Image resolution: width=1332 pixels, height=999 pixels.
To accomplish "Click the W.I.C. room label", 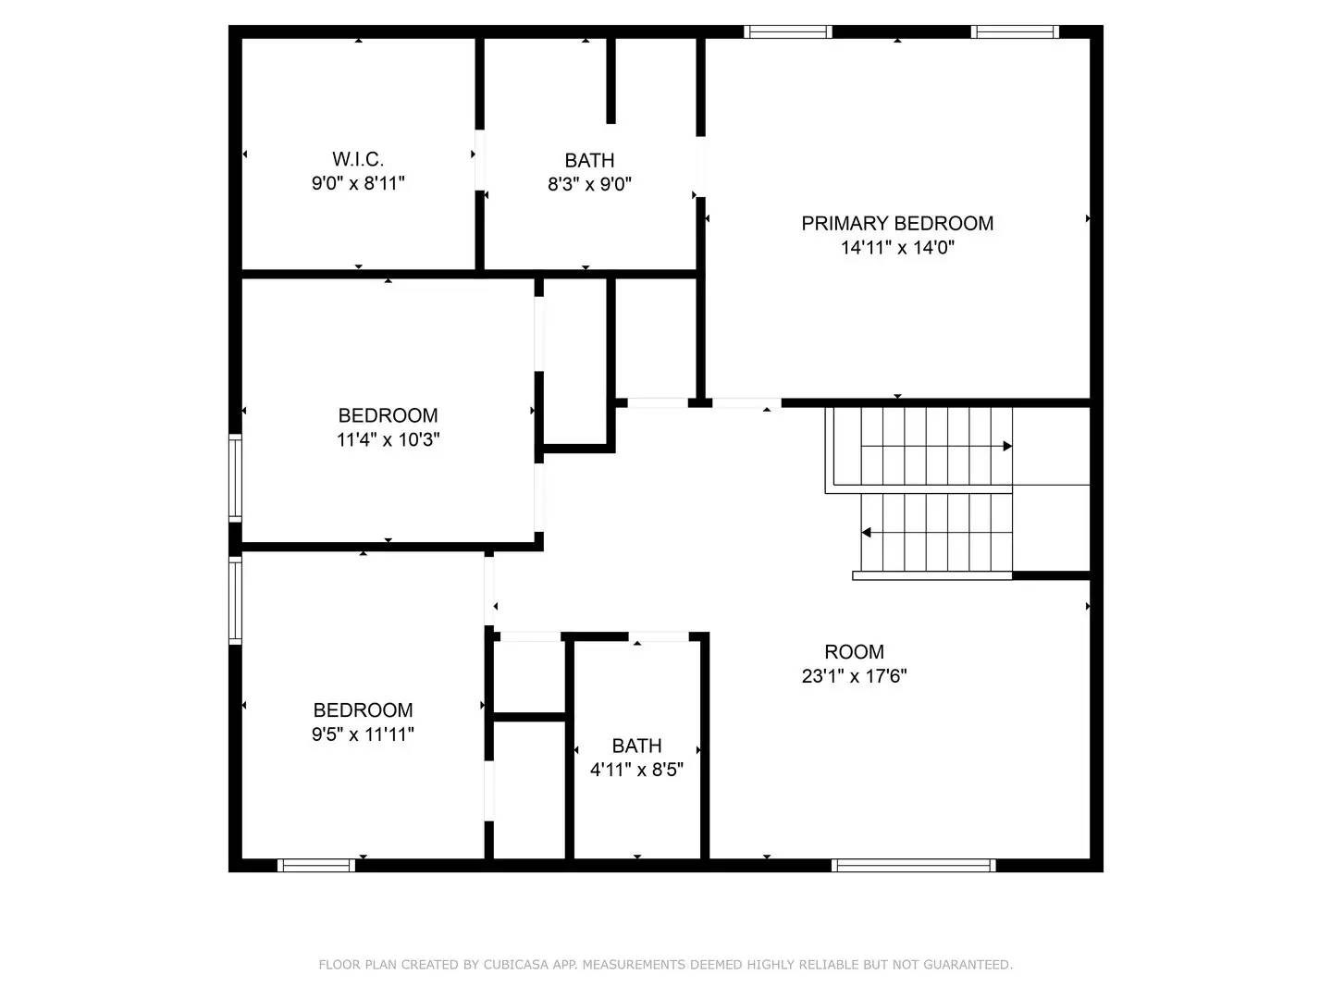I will pos(358,159).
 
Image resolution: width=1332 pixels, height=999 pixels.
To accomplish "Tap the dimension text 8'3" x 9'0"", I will pos(589,184).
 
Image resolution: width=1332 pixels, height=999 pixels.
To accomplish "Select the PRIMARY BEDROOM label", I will pos(896,223).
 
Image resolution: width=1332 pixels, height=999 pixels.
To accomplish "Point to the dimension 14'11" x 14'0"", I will pos(896,247).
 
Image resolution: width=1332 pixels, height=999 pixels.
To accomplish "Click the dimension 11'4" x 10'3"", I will pos(388,439).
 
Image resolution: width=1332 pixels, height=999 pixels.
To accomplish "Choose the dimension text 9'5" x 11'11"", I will pos(363,734).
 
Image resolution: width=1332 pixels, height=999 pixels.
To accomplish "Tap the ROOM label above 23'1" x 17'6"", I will pos(854,651).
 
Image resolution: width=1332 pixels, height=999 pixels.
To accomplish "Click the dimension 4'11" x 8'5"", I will pos(636,770).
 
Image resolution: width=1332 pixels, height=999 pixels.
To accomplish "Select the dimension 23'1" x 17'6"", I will pos(854,676).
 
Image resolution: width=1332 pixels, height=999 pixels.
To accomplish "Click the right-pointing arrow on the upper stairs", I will pos(1007,446).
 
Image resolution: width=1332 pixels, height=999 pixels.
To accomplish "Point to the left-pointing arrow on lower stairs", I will pos(867,533).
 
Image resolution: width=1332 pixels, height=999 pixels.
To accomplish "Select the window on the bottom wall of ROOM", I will pos(913,866).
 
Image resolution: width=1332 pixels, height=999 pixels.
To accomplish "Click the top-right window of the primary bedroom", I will pos(1015,32).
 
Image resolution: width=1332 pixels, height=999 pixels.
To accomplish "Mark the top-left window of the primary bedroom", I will pos(788,32).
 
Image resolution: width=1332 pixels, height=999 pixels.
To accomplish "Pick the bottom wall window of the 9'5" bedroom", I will pos(316,866).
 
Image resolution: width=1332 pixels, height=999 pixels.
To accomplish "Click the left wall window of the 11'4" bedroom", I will pos(235,478).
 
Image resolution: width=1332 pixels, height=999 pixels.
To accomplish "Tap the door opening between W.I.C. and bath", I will pos(479,160).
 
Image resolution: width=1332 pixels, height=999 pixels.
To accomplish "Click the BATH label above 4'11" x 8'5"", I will pos(636,746).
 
